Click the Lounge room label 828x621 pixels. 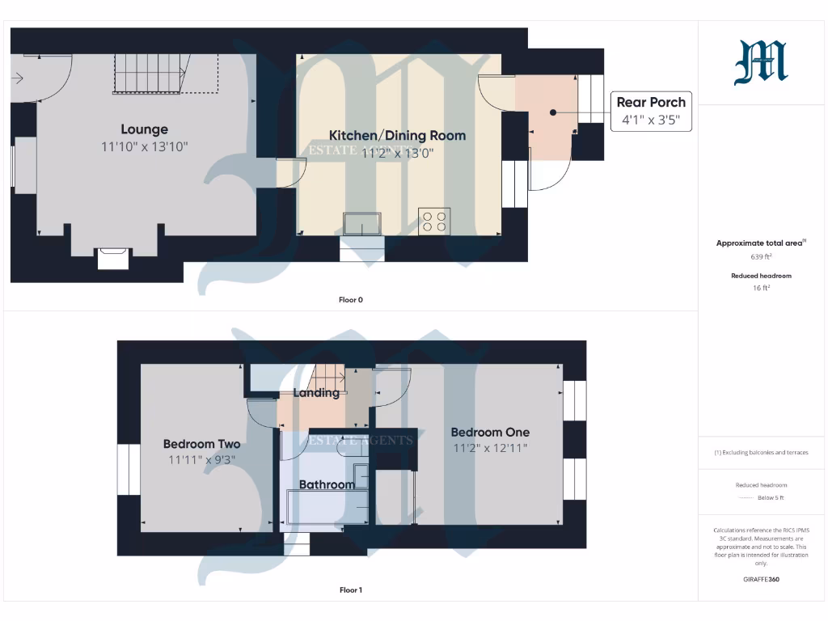coord(145,129)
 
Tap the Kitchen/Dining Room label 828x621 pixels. coord(397,135)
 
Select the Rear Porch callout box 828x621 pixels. coord(650,112)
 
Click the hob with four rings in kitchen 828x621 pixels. coord(434,221)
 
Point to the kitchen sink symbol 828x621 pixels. coord(361,223)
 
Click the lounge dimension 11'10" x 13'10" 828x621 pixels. coord(145,146)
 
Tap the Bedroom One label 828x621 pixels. coord(490,433)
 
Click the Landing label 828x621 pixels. coord(315,393)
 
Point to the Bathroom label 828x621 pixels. coord(327,485)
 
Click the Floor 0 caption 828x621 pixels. coord(350,300)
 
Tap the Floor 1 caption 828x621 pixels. coord(350,590)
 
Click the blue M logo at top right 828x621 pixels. coord(760,64)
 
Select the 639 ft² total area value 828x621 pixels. coord(760,256)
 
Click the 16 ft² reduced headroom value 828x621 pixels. coord(760,287)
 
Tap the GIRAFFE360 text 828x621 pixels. coord(760,579)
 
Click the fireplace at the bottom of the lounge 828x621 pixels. coord(112,258)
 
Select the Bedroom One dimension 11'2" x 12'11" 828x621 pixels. coord(490,448)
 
